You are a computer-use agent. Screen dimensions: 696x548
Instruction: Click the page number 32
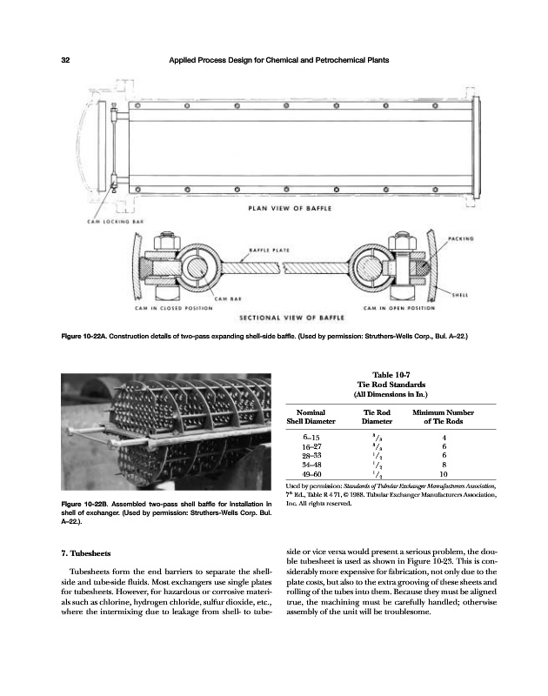pyautogui.click(x=64, y=59)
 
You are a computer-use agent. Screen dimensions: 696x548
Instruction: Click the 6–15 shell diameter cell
pyautogui.click(x=310, y=438)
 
